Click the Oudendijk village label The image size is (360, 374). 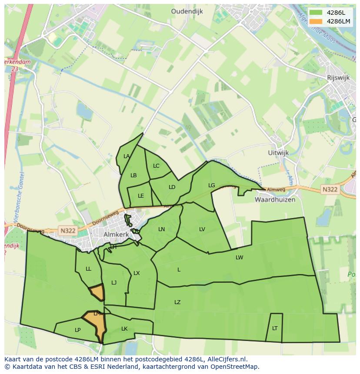click(187, 12)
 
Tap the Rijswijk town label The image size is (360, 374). click(338, 77)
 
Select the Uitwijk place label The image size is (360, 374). click(279, 153)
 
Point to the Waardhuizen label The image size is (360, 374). click(275, 200)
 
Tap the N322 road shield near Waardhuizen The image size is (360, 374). click(330, 189)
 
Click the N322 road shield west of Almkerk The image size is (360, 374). click(68, 231)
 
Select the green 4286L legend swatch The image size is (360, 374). click(316, 12)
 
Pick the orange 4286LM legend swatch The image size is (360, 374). click(316, 21)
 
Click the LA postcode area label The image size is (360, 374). click(127, 156)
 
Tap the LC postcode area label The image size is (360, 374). click(156, 166)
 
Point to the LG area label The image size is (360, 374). click(211, 185)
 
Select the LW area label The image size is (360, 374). click(239, 258)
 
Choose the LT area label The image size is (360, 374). click(275, 328)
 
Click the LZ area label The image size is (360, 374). click(177, 302)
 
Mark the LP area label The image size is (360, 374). click(77, 330)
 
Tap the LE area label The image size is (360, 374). click(140, 196)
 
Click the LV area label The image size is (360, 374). click(202, 229)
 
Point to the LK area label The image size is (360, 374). click(124, 329)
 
